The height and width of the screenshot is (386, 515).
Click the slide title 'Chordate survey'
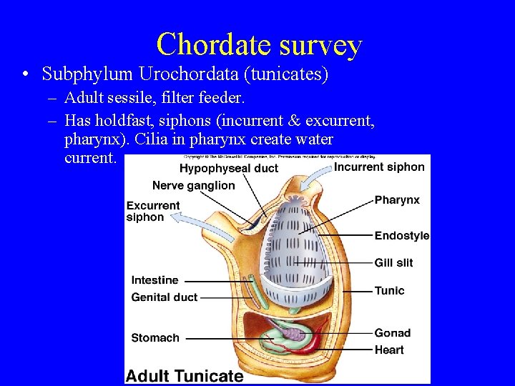coord(259,44)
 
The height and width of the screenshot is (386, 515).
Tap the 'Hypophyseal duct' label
coord(228,168)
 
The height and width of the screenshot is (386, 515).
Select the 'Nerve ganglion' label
coord(193,185)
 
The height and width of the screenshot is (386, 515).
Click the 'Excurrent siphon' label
coord(153,211)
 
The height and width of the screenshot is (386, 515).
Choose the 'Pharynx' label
coord(397,200)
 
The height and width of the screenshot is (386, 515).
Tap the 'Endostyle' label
coord(402,235)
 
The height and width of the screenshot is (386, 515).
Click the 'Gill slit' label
coord(393,262)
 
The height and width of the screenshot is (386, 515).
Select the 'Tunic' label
coord(389,290)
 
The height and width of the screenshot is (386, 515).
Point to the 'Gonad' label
coord(392,332)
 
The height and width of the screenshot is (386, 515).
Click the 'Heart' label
coord(389,350)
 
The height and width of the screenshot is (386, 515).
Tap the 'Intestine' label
coord(154,280)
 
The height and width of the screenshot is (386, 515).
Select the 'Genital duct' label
coord(164,297)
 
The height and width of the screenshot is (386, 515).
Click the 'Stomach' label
coord(155,337)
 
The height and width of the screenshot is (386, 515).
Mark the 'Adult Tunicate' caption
coord(185,375)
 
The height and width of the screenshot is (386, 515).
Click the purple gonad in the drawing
coord(293,332)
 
